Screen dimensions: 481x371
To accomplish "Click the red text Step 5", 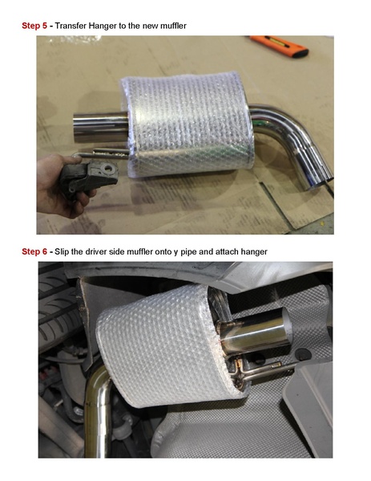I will pos(34,26).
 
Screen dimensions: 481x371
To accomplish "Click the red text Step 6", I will pos(34,251).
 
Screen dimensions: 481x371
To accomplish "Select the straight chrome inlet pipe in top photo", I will pos(96,125).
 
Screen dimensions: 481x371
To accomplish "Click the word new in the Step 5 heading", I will pos(149,26).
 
